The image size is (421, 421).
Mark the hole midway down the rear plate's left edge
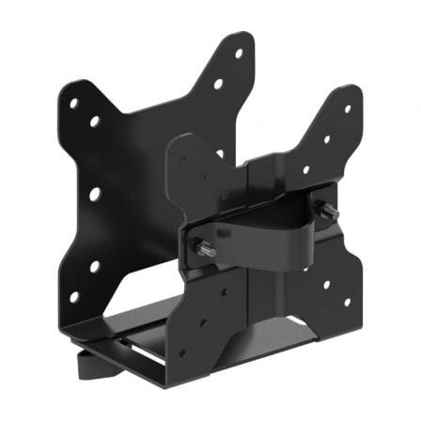(x=95, y=194)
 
